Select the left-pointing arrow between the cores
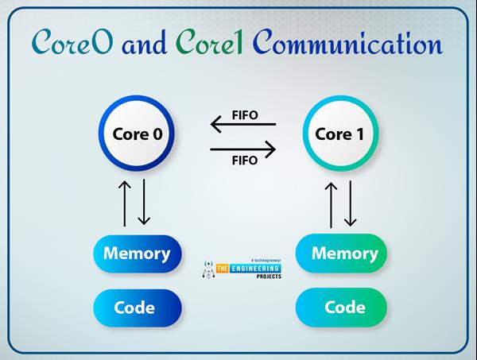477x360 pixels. [x=242, y=124]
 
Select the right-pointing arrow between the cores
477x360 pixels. [x=242, y=149]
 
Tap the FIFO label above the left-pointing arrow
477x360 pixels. [x=244, y=113]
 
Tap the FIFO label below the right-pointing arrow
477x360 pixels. [x=244, y=161]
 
